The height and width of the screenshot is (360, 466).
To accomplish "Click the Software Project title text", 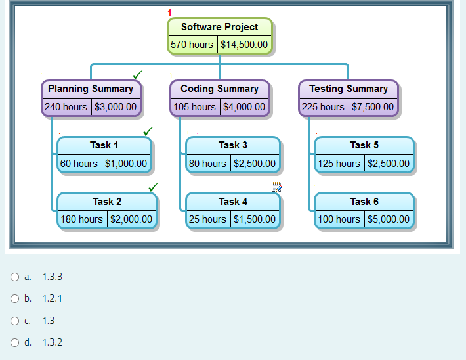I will [x=219, y=27].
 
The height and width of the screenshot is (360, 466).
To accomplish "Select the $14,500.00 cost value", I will [x=244, y=45].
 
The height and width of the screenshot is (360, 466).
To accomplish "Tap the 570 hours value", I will [x=192, y=45].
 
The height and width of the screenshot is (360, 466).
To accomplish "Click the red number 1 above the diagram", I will [x=169, y=12].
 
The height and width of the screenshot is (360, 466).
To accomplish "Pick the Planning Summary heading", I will [x=91, y=89].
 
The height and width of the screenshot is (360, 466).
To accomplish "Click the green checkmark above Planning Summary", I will [x=138, y=74].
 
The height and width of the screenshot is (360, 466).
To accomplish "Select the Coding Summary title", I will [x=219, y=89].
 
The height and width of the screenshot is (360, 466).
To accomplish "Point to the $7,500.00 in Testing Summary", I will [x=373, y=106].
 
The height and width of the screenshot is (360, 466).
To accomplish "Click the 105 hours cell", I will [x=194, y=106].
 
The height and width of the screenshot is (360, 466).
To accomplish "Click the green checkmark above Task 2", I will [x=154, y=187].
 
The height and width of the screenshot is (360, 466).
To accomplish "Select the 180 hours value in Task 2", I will [x=81, y=219].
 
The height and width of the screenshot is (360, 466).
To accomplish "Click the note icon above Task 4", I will [x=276, y=187].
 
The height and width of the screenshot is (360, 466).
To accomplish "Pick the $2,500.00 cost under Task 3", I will [x=255, y=163].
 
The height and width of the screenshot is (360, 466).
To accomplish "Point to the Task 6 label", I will [x=364, y=202].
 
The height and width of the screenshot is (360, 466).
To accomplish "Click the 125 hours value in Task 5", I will [x=339, y=163].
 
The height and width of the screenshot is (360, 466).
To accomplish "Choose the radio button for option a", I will [x=14, y=277].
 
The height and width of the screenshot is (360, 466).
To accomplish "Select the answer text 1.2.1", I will [x=52, y=298].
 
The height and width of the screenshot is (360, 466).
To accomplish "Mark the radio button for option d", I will [x=14, y=342].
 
